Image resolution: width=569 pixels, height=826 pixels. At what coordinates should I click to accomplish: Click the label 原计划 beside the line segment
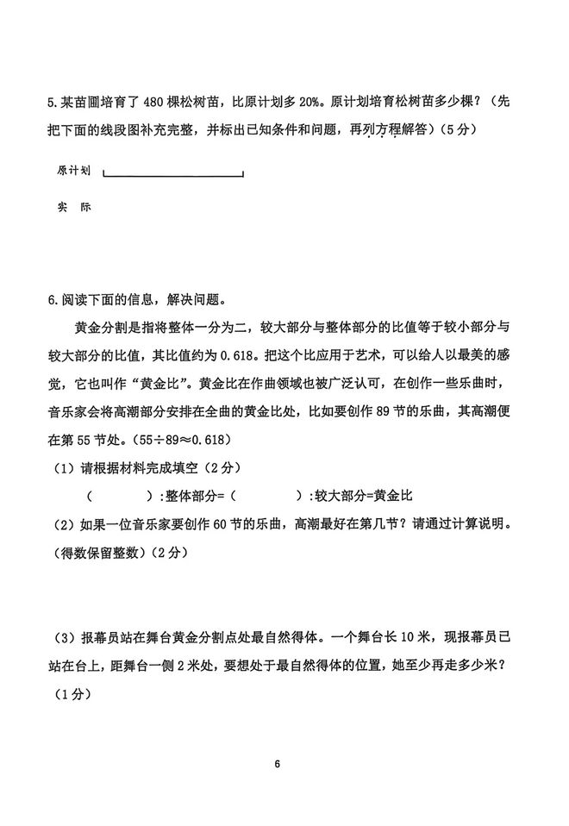point(74,171)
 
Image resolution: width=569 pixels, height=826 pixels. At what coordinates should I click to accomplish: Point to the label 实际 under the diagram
point(74,208)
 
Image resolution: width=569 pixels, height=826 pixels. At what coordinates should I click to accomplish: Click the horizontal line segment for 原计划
point(173,176)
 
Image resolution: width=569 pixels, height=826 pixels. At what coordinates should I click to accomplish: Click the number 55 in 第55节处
point(91,438)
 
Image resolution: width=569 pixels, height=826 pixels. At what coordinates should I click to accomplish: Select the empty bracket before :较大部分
point(263,496)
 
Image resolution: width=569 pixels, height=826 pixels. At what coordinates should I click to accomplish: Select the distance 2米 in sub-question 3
point(178,664)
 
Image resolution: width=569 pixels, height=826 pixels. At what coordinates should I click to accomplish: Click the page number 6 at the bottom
point(278,764)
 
